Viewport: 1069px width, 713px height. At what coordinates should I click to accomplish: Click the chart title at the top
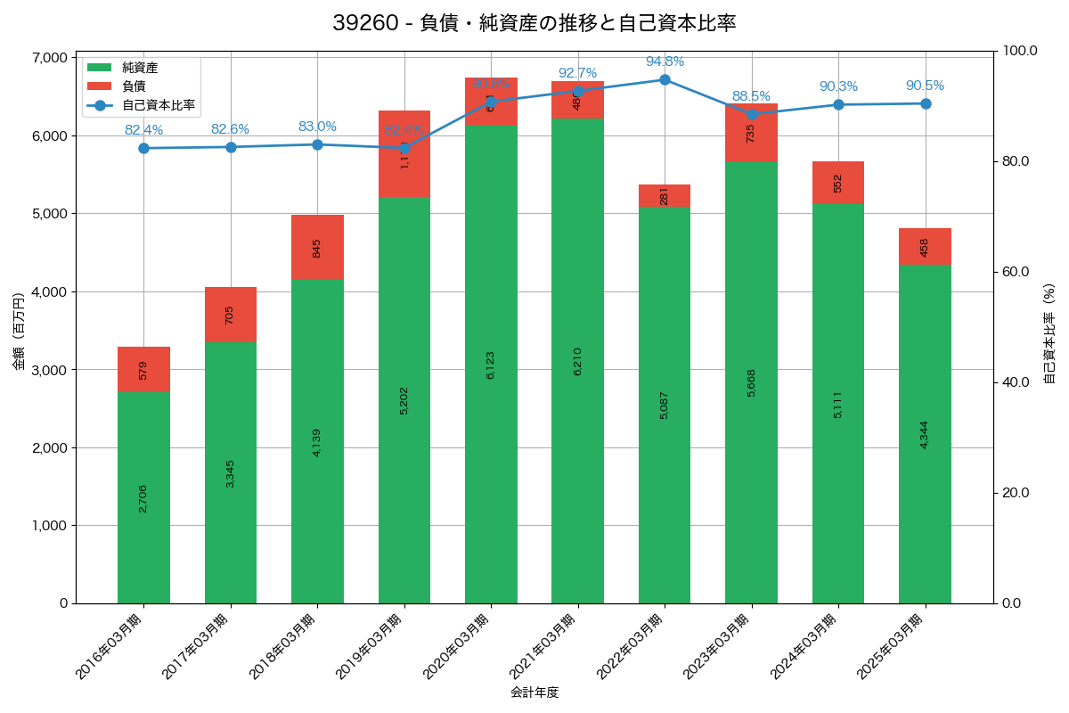click(534, 23)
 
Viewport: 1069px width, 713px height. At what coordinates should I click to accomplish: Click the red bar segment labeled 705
click(230, 314)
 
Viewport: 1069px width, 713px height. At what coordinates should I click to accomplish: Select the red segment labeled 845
click(317, 247)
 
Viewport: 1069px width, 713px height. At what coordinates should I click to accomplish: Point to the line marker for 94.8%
click(665, 79)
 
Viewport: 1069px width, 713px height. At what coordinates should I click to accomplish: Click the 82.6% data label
click(230, 129)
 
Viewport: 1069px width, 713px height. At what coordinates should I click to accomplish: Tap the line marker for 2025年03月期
click(926, 103)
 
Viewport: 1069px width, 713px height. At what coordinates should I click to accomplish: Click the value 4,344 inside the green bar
click(925, 434)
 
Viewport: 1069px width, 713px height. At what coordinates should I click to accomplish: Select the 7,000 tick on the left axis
click(49, 57)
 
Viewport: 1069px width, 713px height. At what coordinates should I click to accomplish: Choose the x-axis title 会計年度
click(534, 693)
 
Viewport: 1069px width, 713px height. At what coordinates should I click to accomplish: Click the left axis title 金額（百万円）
click(19, 330)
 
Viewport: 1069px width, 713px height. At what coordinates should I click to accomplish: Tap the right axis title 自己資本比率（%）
click(1049, 333)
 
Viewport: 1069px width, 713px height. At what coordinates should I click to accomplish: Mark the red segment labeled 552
click(838, 183)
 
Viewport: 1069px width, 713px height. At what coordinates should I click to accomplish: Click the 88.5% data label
click(751, 96)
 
